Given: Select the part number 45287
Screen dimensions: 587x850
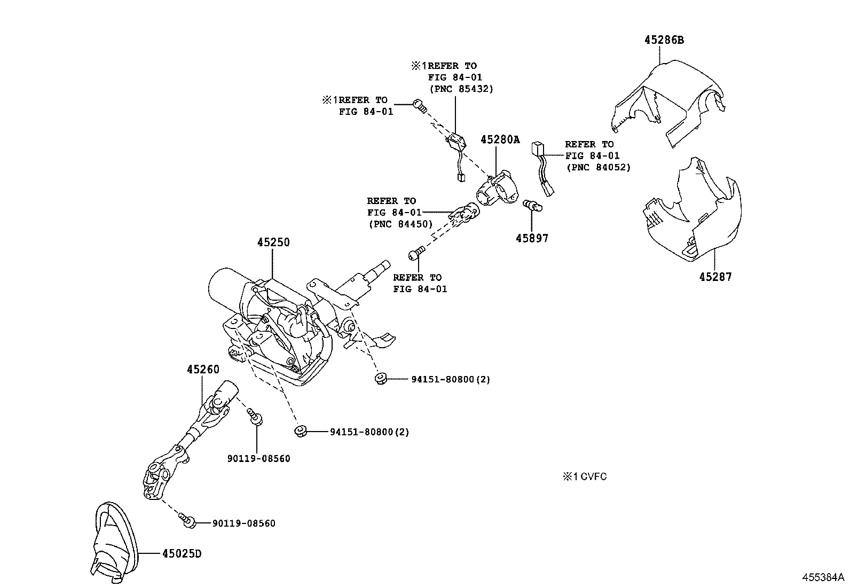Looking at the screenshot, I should point(715,277).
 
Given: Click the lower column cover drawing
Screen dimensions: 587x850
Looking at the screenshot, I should point(694,214).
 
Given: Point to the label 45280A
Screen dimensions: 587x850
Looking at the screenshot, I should point(499,139).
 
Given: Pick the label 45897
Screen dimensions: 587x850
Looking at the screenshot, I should point(531,238).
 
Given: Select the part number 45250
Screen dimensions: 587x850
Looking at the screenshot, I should point(273,242).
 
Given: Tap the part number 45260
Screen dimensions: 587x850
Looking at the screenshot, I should point(203,369).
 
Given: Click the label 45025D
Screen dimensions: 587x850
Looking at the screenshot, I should point(182,553).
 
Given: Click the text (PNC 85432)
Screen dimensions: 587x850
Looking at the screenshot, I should point(461,89).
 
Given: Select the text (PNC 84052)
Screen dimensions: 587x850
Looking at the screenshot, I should point(598,167).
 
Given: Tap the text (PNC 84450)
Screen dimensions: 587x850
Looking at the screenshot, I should point(400,224).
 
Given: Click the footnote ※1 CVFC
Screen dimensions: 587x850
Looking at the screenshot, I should point(584,476).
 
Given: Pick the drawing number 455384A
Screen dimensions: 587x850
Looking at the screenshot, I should point(823,577).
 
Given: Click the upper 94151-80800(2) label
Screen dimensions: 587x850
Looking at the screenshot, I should point(451,379).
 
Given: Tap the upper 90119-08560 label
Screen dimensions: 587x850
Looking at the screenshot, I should point(258,458).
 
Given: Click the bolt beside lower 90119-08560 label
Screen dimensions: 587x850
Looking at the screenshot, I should point(187,521).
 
